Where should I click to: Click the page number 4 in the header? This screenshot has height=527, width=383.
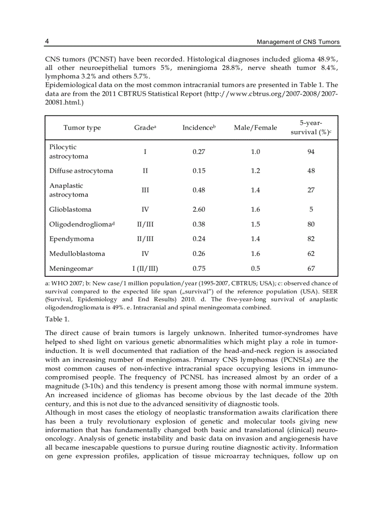pos(47,42)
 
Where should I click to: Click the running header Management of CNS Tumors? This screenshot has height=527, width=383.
pos(298,42)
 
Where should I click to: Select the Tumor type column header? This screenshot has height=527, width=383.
pos(82,128)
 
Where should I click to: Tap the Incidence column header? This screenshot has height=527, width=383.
pos(199,128)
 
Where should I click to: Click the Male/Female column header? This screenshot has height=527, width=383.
pos(255,128)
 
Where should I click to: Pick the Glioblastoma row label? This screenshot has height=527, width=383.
pos(70,209)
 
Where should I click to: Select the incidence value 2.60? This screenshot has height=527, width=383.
pos(199,209)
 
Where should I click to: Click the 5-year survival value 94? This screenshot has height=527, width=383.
pos(311,152)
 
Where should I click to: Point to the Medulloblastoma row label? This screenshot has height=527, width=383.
pos(77,253)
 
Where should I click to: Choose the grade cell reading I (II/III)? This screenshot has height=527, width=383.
pos(145,268)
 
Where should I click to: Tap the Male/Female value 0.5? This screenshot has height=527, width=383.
pos(255,268)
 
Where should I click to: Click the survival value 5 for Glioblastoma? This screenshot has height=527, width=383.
pos(311,209)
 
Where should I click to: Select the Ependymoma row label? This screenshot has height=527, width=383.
pos(71,239)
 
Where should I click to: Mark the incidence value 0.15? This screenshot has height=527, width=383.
pos(199,171)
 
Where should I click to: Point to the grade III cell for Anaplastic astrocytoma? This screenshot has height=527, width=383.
pos(145,190)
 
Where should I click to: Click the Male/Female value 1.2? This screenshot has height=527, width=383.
pos(255,171)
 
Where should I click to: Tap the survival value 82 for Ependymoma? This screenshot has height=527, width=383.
pos(311,239)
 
